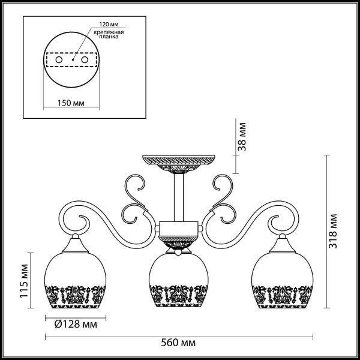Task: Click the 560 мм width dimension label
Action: click(180, 343)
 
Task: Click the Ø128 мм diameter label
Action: click(71, 325)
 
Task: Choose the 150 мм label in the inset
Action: click(71, 103)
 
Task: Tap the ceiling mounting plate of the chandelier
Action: click(178, 161)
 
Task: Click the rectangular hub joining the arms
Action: click(178, 229)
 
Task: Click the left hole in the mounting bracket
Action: click(58, 61)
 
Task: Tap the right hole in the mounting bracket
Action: click(85, 61)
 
